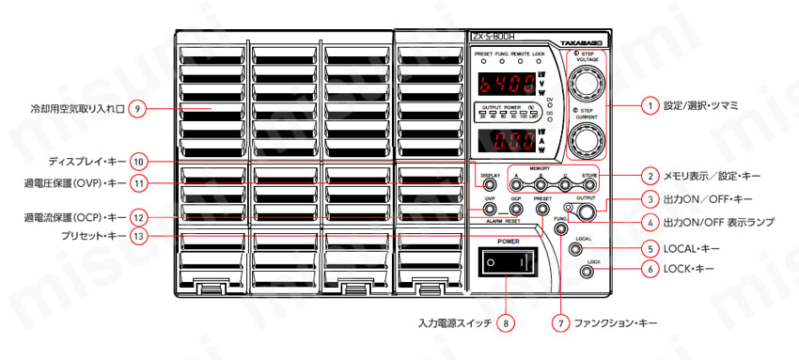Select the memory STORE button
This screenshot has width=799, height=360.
pyautogui.click(x=589, y=184)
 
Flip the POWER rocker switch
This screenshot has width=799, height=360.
pyautogui.click(x=508, y=263)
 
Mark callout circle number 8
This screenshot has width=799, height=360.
pyautogui.click(x=506, y=323)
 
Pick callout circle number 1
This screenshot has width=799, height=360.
pyautogui.click(x=649, y=106)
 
